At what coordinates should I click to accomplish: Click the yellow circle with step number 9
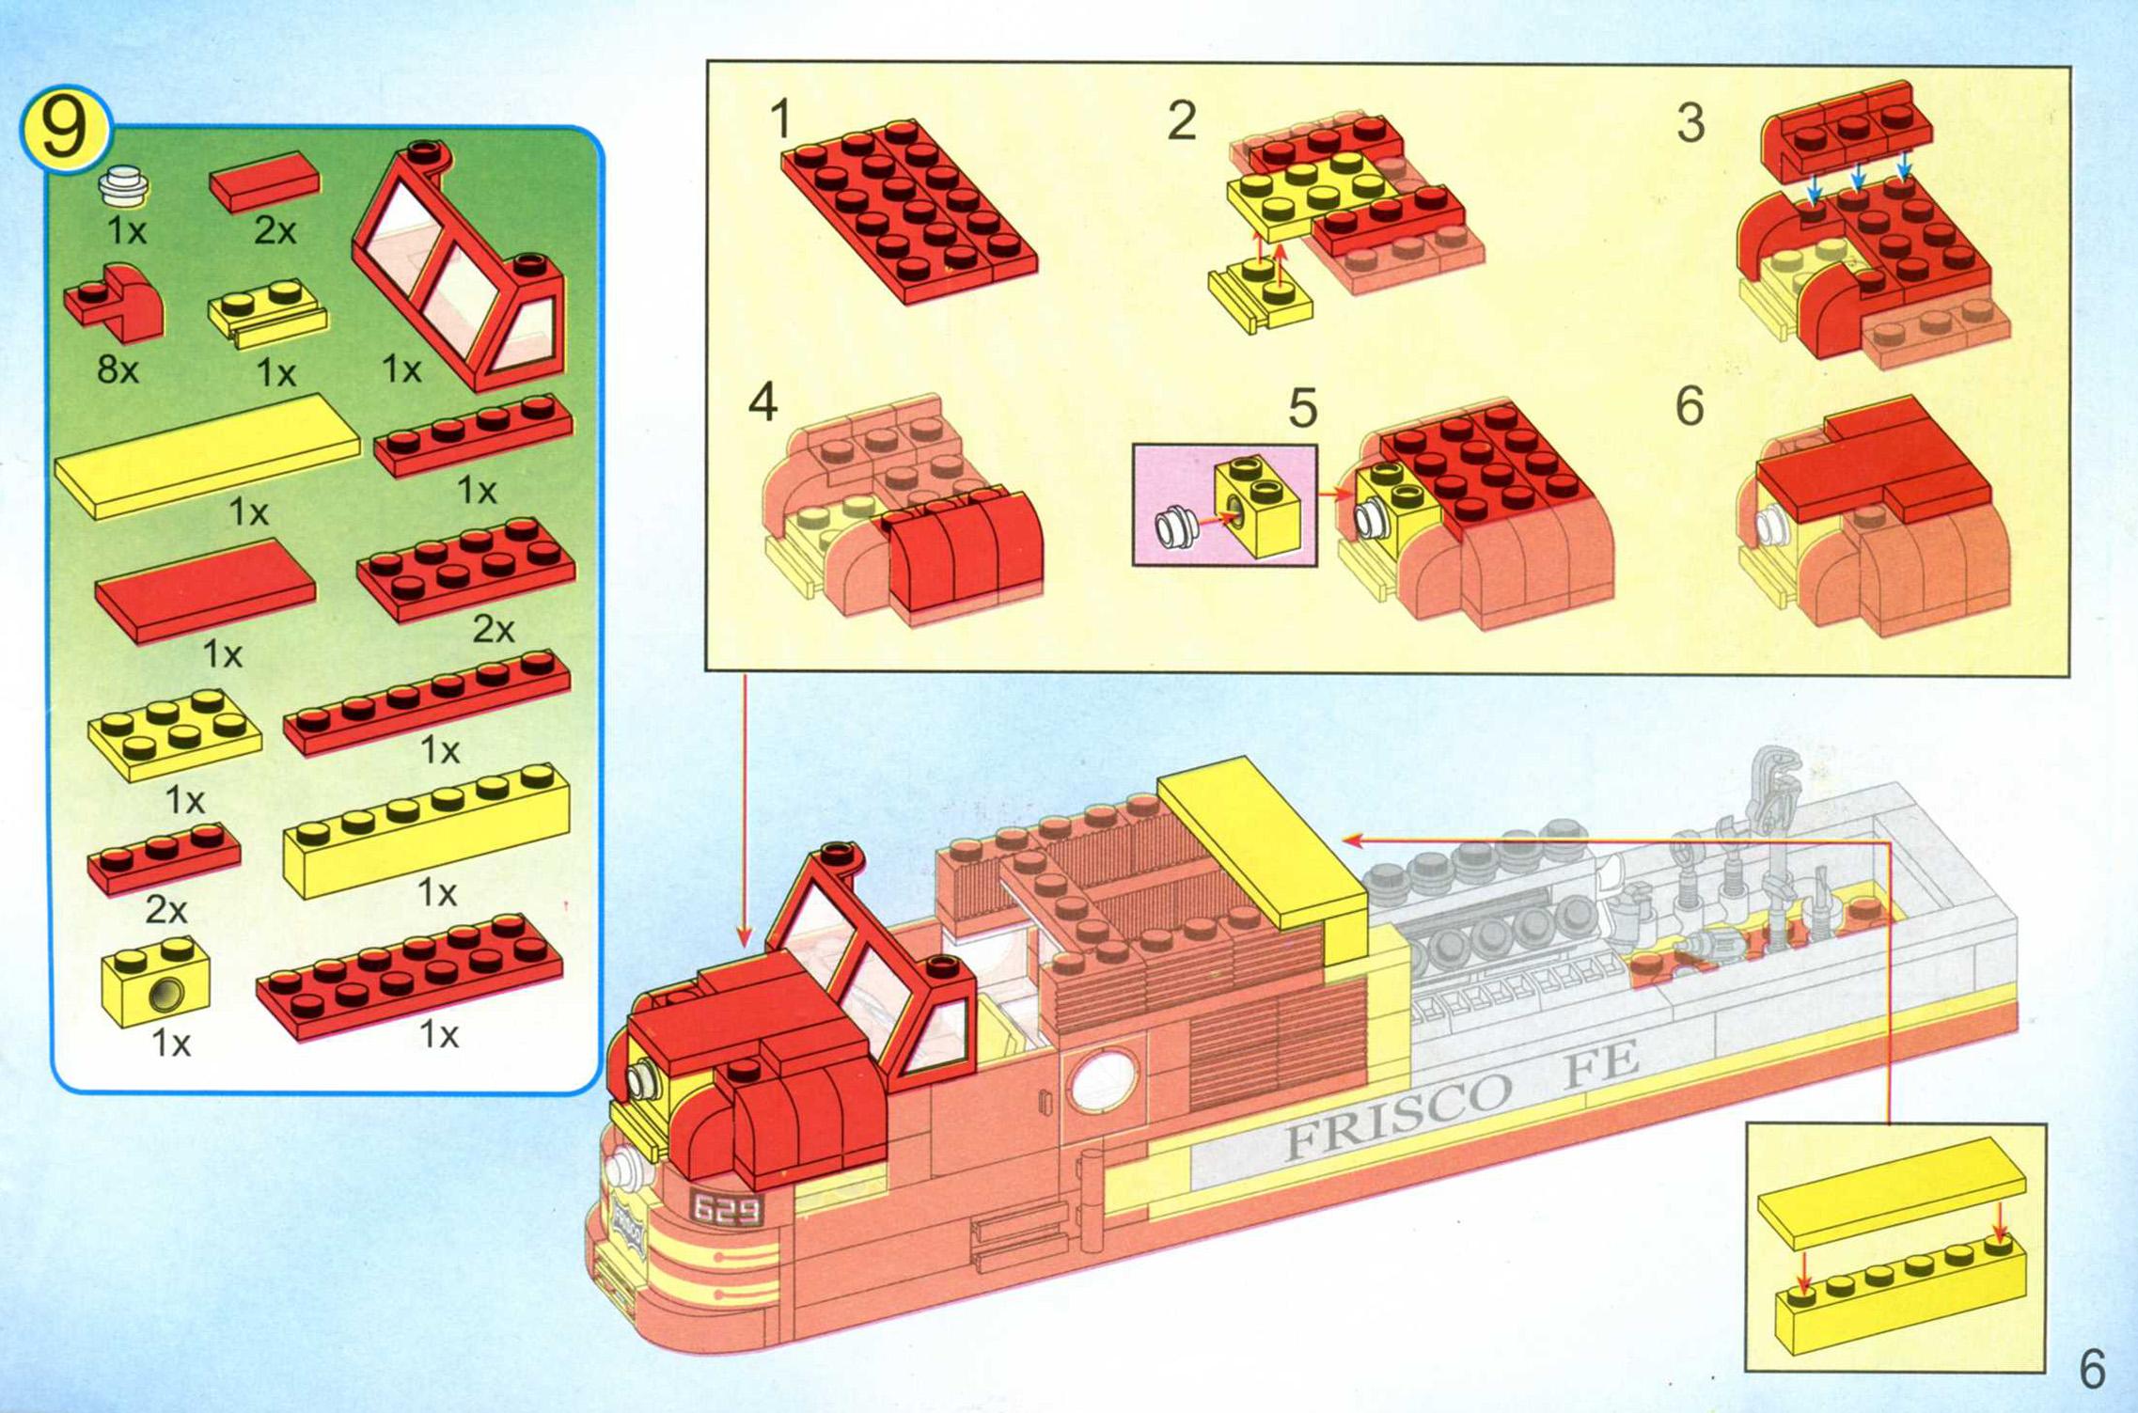click(65, 129)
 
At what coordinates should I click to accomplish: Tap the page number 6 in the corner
click(2092, 1369)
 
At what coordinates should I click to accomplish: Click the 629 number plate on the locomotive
click(726, 1209)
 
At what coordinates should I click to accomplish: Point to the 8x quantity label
click(118, 369)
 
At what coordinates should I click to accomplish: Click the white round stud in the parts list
click(124, 185)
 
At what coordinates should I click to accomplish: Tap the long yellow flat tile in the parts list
click(208, 456)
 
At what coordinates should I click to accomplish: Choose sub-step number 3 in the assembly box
click(1690, 123)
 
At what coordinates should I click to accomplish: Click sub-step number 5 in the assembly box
click(1302, 408)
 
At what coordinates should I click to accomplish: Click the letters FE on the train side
click(1600, 1063)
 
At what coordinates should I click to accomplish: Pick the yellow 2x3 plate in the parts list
click(175, 734)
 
